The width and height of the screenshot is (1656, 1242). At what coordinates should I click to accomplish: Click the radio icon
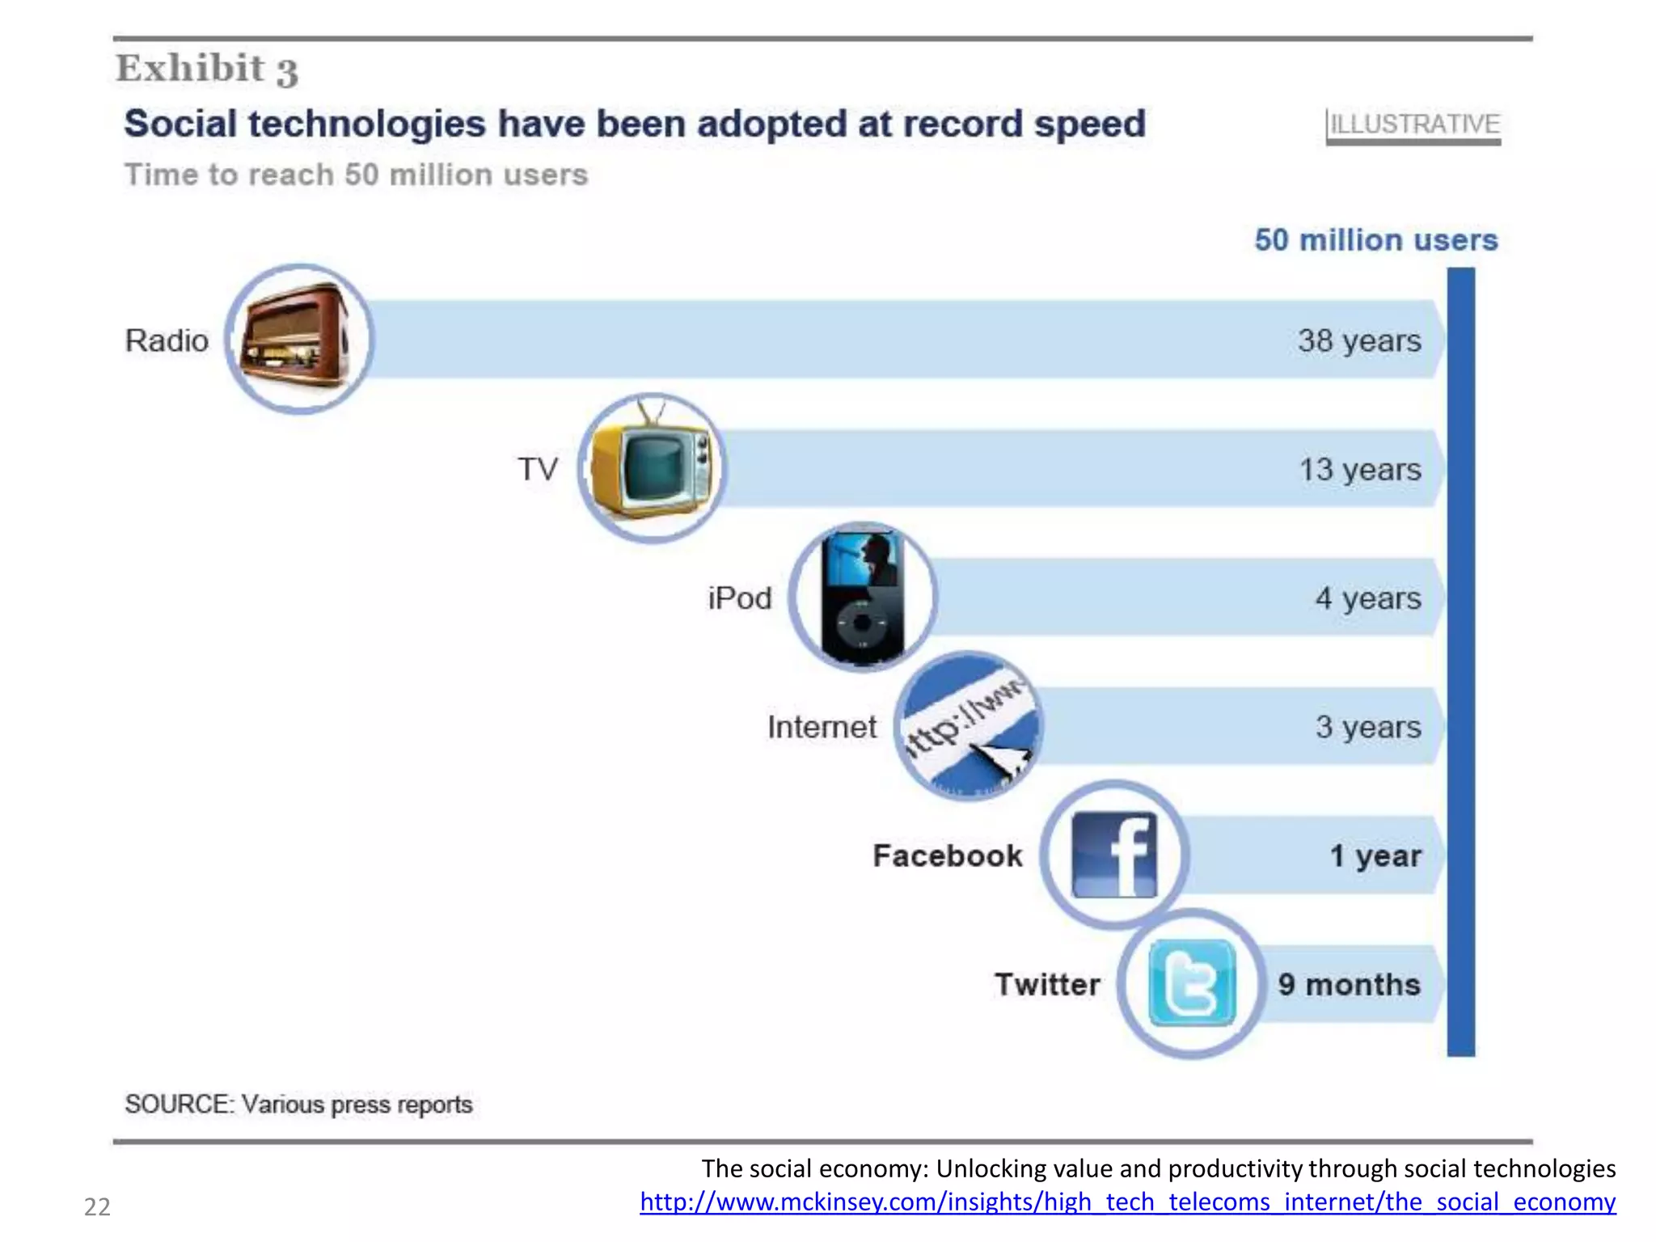(298, 339)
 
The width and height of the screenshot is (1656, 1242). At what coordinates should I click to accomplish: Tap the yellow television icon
(652, 468)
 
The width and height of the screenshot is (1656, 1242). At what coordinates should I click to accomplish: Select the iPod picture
(863, 597)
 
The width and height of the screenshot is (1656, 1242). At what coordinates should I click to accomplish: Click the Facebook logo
(1114, 855)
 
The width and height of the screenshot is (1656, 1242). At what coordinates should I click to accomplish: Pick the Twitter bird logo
(1192, 983)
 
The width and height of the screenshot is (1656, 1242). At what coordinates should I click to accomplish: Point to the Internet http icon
(969, 726)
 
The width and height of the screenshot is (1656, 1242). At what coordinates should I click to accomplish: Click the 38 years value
(1359, 340)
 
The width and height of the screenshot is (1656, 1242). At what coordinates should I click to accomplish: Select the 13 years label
(1359, 469)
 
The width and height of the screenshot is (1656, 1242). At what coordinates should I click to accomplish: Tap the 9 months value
(1349, 984)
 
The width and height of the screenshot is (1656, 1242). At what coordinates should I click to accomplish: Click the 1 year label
(1375, 855)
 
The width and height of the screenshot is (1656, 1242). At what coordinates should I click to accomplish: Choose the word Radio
(167, 340)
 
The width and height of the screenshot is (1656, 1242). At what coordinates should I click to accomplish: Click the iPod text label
(739, 598)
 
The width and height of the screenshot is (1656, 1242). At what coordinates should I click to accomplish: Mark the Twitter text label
(1047, 984)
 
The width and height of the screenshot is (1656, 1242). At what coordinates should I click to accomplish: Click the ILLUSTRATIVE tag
(1414, 125)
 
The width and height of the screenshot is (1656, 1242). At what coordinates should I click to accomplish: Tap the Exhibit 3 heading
(207, 69)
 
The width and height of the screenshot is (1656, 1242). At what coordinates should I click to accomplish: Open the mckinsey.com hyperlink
(1127, 1202)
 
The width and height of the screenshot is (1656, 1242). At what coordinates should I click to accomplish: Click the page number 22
(97, 1206)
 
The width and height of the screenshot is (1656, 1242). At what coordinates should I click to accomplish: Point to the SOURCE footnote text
(298, 1104)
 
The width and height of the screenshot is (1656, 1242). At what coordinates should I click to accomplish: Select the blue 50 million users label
(1375, 240)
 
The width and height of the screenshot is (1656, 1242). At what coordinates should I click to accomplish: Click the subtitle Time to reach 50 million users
(356, 175)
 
